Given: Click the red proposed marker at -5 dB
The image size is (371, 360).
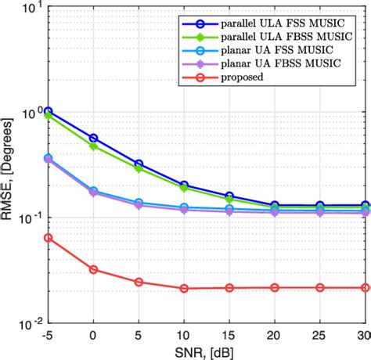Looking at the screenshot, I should [49, 237].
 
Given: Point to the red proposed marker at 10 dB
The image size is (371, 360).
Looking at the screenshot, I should [184, 288].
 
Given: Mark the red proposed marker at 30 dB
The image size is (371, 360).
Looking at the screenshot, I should [366, 287].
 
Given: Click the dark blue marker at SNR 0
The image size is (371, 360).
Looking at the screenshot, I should [94, 139].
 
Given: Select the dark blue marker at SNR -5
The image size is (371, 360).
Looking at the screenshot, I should [49, 111].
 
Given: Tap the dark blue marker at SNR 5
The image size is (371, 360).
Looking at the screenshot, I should [139, 164].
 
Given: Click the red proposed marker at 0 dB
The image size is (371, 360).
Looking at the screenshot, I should [94, 269].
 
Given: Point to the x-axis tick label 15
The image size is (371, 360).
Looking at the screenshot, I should [229, 336].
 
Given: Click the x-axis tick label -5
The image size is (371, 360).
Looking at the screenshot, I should [48, 336].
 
